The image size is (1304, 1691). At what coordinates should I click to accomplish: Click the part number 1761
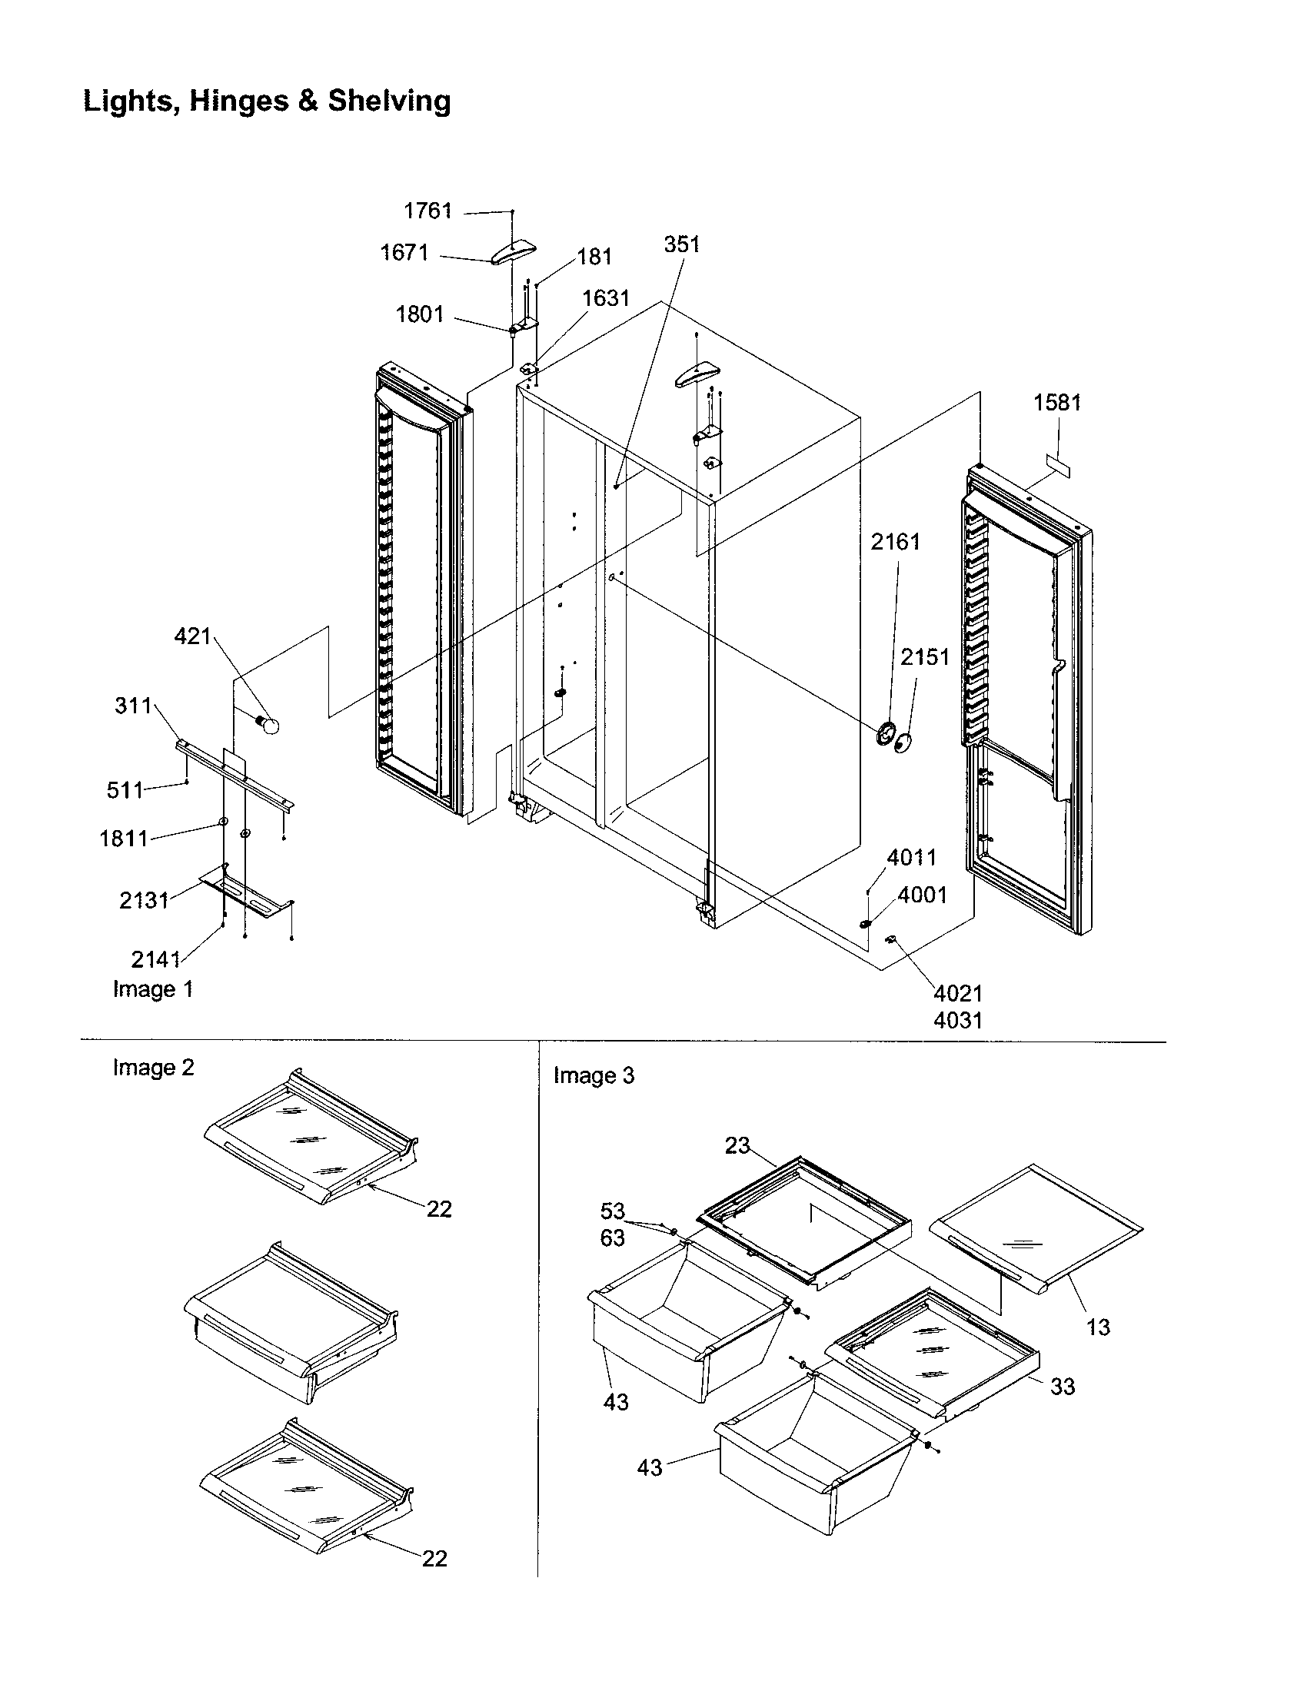427,211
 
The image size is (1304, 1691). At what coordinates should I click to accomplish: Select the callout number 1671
404,252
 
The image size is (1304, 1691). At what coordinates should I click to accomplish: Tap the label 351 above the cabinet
681,244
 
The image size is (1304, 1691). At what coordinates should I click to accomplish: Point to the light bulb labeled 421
268,725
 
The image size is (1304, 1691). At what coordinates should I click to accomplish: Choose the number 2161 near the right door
896,542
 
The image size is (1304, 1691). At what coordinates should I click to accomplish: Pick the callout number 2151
925,656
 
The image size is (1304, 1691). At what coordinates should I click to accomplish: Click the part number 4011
911,857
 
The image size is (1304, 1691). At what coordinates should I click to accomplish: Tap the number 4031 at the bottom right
958,1021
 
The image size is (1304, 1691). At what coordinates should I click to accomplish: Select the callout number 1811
123,838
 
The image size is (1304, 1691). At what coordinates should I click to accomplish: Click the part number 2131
144,900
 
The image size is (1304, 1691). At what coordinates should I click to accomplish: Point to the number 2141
155,959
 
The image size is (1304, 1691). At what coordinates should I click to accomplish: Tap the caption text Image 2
153,1068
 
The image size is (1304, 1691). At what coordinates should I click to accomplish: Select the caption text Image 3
594,1075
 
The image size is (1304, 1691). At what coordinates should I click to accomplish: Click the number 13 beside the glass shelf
1098,1327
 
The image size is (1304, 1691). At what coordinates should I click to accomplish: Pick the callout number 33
1063,1386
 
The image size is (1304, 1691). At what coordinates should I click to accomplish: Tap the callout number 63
613,1238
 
